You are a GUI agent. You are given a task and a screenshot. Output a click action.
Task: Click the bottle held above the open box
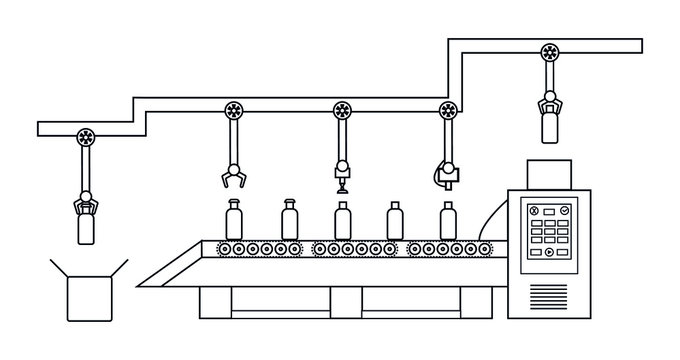click(x=88, y=229)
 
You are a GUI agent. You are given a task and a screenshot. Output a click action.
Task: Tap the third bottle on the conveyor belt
click(x=342, y=220)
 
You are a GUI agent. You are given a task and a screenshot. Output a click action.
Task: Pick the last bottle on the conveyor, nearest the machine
click(x=448, y=220)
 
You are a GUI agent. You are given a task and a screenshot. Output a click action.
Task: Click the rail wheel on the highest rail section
click(x=548, y=52)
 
